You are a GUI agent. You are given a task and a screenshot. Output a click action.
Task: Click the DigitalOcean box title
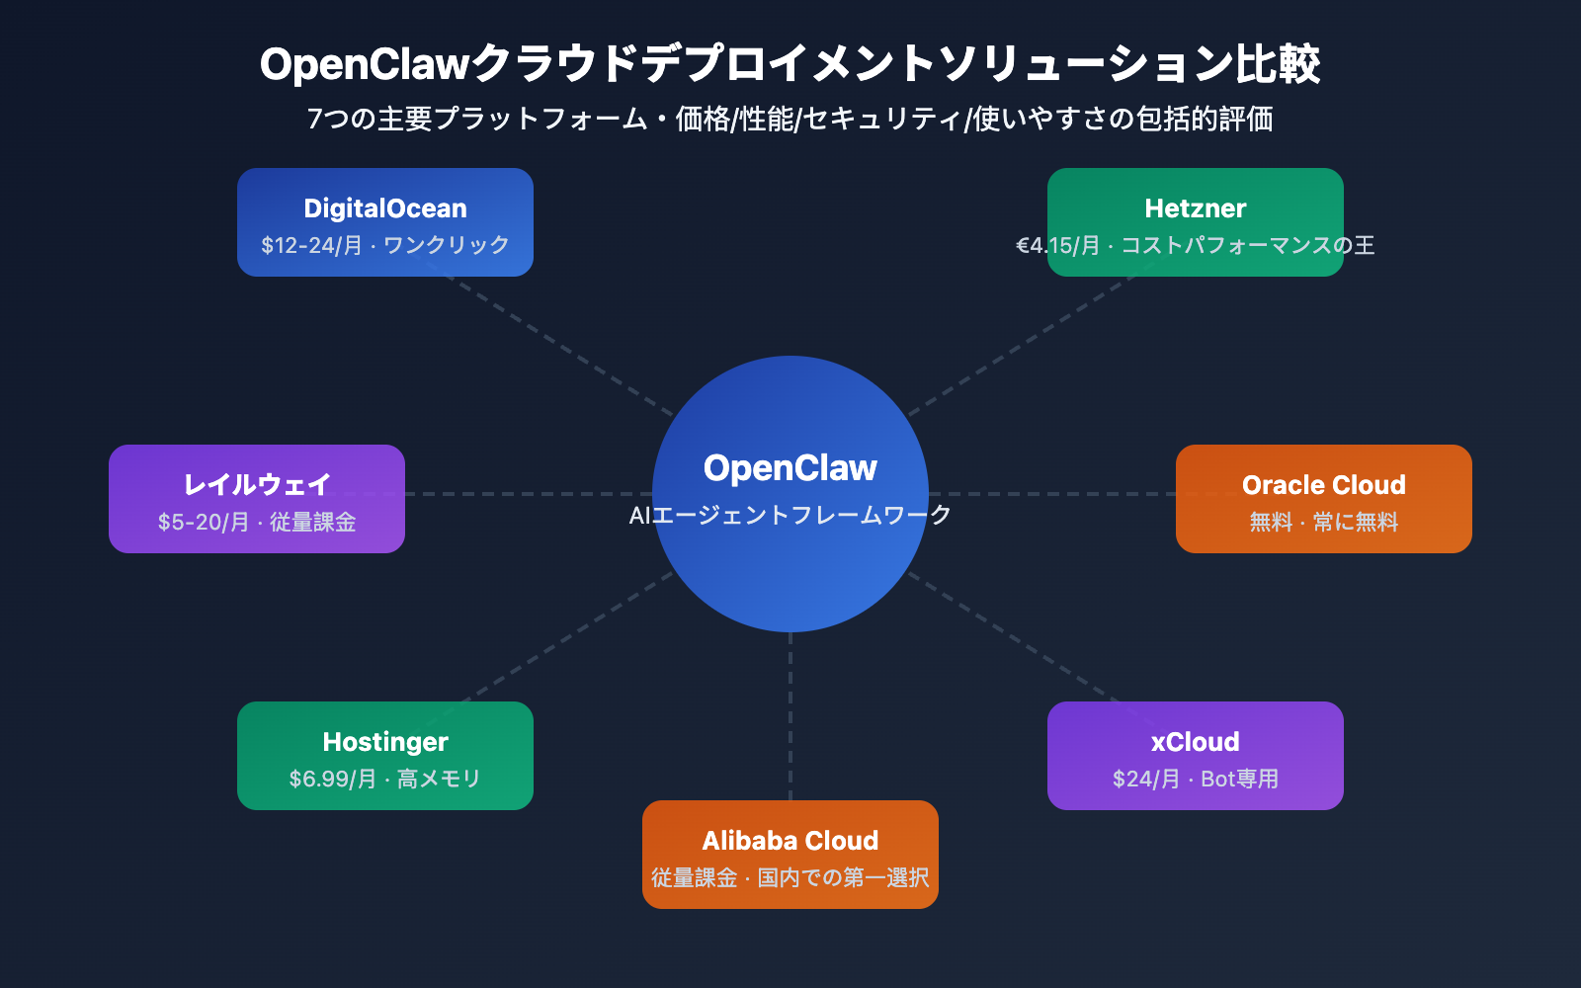[385, 208]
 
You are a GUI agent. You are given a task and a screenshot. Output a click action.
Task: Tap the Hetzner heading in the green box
[1195, 208]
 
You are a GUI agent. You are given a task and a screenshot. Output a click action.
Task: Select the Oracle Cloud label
[1323, 485]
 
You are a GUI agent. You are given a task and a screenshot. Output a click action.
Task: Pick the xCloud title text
[1195, 742]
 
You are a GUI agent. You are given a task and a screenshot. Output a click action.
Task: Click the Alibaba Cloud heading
[790, 841]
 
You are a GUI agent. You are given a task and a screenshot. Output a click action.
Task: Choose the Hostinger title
[385, 742]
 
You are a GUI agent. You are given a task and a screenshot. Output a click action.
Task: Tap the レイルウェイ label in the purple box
[257, 485]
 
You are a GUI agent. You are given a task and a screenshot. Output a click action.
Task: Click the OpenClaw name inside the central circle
[790, 468]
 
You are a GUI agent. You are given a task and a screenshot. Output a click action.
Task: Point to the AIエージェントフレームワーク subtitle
[790, 515]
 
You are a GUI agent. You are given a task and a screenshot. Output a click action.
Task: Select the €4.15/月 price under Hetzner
[1057, 245]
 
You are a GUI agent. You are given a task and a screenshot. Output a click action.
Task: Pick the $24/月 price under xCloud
[1145, 779]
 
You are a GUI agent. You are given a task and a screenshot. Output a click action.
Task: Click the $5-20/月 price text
[203, 522]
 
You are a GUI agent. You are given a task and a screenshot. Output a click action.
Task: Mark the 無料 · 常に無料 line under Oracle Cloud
[1323, 522]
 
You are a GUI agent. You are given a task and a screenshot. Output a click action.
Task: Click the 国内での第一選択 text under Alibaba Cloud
[843, 877]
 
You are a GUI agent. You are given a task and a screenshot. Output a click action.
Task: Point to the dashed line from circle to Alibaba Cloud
[790, 716]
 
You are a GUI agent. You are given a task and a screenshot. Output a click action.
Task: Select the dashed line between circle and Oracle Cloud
[1052, 494]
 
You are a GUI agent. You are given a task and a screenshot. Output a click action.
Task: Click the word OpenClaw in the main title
[364, 64]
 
